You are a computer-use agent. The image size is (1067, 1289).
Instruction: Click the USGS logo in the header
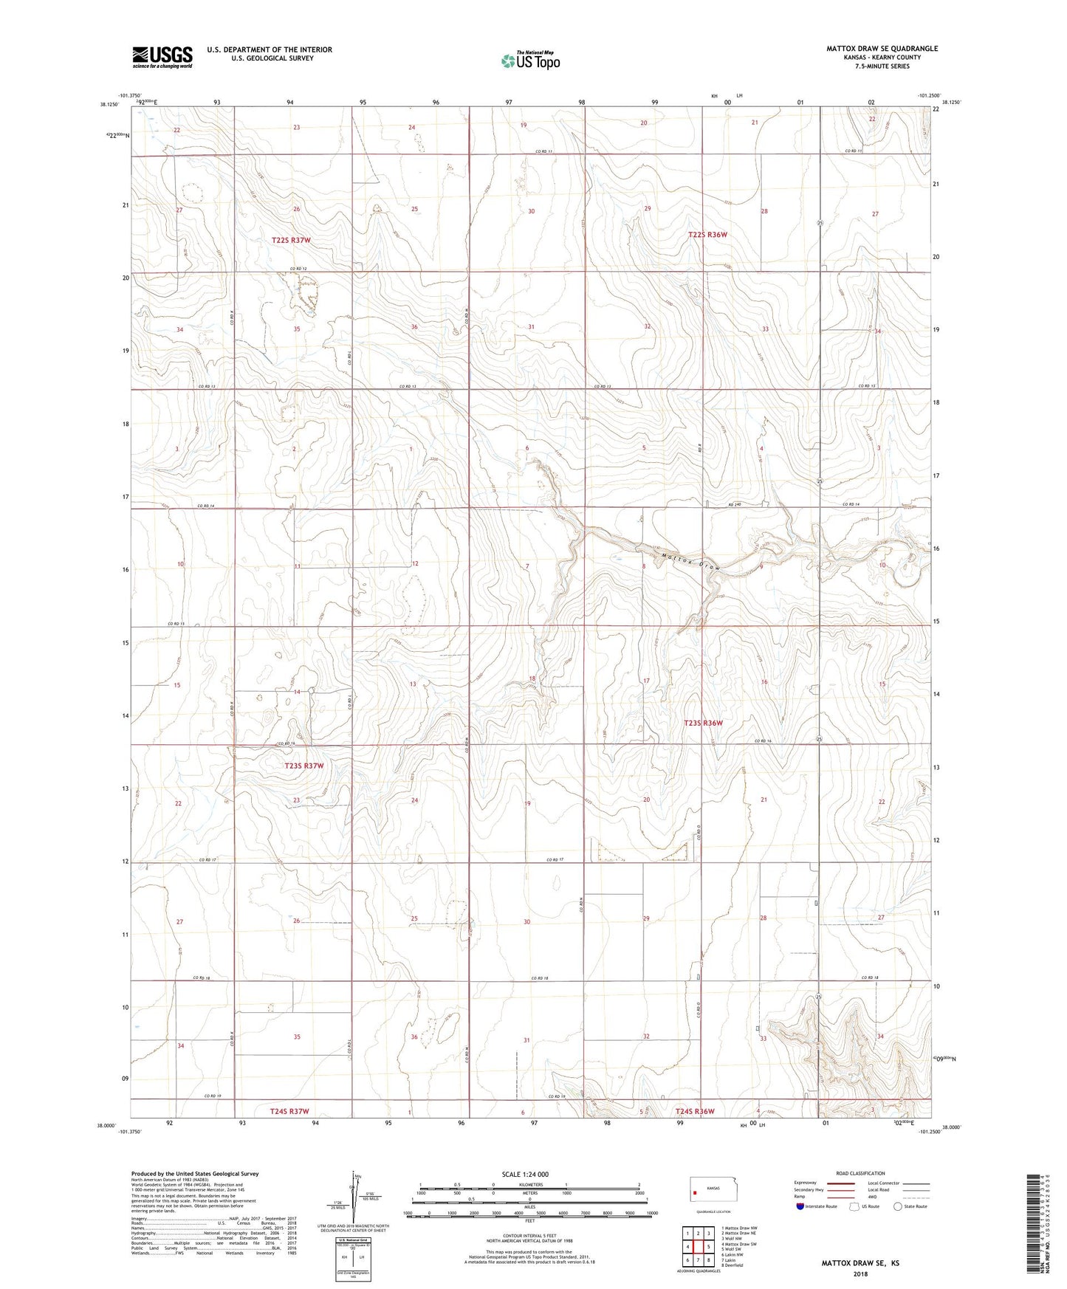click(x=162, y=57)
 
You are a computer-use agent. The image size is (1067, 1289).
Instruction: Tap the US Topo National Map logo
click(x=530, y=60)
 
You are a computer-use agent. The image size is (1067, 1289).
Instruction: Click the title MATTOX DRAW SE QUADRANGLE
click(x=882, y=49)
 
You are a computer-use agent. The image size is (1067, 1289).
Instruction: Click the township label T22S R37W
click(x=291, y=240)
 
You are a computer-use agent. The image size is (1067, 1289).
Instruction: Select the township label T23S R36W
click(x=703, y=723)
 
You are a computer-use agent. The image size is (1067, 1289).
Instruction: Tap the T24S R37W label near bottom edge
click(x=289, y=1111)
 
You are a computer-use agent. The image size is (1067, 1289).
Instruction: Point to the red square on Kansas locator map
click(x=695, y=1191)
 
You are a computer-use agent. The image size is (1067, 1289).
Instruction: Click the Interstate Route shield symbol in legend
click(x=801, y=1206)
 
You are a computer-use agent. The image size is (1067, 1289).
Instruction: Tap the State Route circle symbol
click(x=898, y=1206)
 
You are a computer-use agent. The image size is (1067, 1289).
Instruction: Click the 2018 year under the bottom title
click(x=860, y=1274)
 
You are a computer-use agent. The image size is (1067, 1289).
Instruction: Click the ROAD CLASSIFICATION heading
click(x=860, y=1173)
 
